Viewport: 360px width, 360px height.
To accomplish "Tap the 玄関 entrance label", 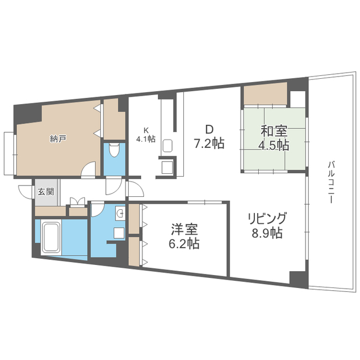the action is [x=46, y=192].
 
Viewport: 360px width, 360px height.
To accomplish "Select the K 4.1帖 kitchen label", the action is [x=146, y=135].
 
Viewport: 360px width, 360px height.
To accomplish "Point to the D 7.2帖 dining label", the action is [x=209, y=137].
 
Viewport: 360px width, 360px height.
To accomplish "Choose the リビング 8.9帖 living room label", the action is [x=267, y=226].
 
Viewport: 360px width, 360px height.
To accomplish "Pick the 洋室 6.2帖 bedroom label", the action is [x=184, y=236].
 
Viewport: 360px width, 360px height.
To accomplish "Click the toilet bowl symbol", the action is [x=114, y=150].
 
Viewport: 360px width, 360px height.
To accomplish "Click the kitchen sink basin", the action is [x=168, y=146].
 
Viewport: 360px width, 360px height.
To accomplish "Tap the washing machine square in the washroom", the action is [x=119, y=233].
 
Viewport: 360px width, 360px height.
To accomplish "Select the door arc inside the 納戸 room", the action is [x=88, y=169].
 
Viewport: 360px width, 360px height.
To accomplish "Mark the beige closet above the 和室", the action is [x=265, y=94].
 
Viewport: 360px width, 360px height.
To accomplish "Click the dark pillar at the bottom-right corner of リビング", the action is [x=299, y=280].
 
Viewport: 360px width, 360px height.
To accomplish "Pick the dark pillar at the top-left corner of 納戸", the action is [x=26, y=114].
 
